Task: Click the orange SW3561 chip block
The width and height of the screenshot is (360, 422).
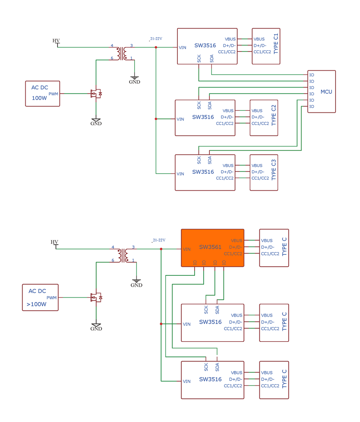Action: (212, 248)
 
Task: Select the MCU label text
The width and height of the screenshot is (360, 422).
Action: (326, 92)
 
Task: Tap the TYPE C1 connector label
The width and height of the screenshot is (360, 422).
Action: (276, 44)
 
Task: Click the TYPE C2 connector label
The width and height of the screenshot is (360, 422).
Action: (274, 115)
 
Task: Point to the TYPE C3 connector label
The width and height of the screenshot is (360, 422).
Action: (274, 170)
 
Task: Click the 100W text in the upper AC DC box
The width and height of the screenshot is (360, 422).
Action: (39, 98)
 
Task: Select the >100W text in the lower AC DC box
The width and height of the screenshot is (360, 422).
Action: (36, 304)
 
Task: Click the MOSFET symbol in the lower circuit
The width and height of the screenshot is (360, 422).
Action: (96, 297)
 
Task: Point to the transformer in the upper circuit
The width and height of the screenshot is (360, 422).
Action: (122, 53)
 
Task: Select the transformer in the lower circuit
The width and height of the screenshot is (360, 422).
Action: (123, 255)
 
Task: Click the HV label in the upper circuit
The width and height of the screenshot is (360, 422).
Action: (56, 41)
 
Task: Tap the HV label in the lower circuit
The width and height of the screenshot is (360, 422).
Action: (54, 242)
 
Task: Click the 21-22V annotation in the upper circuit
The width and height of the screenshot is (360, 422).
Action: (156, 39)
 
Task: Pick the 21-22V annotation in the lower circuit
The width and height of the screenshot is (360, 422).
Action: (159, 240)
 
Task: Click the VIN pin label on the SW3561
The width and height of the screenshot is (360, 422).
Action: (187, 249)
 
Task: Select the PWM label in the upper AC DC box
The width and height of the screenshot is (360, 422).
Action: (53, 94)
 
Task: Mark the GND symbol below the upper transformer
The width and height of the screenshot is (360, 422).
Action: (135, 80)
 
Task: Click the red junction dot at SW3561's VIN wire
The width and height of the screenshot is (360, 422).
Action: (161, 249)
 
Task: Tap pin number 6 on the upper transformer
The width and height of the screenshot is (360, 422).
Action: (112, 58)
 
